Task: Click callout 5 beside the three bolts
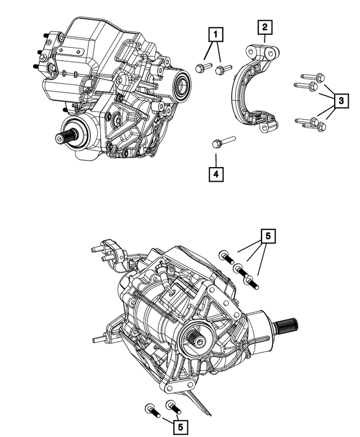(x=269, y=237)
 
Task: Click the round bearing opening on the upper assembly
(x=182, y=85)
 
